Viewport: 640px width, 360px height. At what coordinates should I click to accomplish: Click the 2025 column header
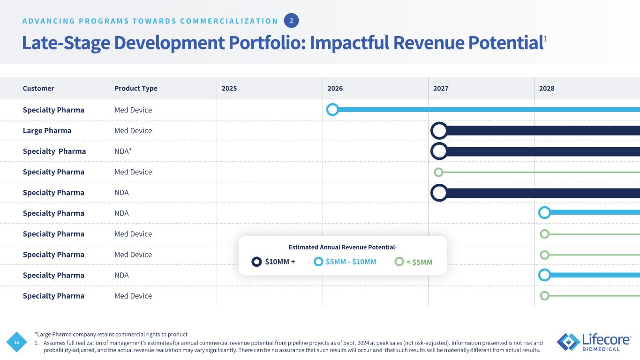(x=229, y=89)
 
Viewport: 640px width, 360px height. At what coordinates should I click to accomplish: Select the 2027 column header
(x=441, y=89)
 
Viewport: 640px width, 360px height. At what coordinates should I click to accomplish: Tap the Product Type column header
(x=136, y=89)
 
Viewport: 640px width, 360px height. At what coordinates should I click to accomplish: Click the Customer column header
(x=38, y=89)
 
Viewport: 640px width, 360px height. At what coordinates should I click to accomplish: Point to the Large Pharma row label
(x=47, y=131)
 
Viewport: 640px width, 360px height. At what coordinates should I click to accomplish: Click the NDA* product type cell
(x=123, y=151)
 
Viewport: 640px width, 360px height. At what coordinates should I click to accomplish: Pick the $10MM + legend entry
(x=273, y=262)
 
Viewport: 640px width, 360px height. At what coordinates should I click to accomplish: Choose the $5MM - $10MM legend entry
(x=345, y=262)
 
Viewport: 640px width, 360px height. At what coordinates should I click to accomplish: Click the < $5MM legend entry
(x=414, y=262)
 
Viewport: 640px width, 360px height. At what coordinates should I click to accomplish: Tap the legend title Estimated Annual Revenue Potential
(x=343, y=247)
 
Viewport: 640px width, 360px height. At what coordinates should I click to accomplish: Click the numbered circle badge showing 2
(x=292, y=21)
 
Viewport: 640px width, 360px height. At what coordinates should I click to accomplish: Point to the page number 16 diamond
(x=16, y=342)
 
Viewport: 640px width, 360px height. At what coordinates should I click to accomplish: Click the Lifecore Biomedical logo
(x=594, y=342)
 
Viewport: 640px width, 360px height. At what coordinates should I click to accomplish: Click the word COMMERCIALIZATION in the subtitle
(x=229, y=21)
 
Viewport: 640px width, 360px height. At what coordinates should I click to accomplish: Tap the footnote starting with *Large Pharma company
(x=111, y=334)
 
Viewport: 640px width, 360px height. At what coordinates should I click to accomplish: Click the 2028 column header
(x=547, y=89)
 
